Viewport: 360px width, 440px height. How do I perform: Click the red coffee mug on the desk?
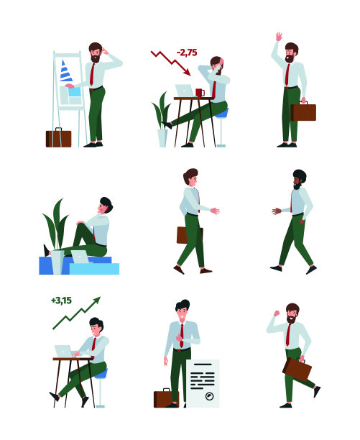[x=200, y=93]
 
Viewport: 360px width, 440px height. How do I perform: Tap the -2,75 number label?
[x=187, y=52]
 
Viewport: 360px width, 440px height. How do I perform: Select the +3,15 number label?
[x=61, y=301]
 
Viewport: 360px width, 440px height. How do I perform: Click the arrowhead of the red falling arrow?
[x=188, y=73]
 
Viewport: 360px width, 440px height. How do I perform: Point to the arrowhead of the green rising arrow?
[x=97, y=301]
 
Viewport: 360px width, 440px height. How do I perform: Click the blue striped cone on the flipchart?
[x=65, y=71]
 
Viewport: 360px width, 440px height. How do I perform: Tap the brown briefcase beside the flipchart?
[x=59, y=137]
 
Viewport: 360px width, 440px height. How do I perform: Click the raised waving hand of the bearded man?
[x=279, y=37]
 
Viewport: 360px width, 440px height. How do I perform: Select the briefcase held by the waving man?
[x=303, y=111]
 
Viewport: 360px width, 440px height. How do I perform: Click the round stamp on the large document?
[x=209, y=396]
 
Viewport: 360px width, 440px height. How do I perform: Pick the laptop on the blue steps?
[x=80, y=257]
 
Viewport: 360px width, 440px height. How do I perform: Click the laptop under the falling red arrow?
[x=185, y=91]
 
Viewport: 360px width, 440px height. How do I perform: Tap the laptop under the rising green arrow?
[x=64, y=351]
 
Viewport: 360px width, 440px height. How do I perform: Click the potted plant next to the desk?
[x=162, y=119]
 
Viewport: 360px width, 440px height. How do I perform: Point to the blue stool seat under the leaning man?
[x=222, y=113]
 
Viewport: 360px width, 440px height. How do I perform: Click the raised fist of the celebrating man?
[x=277, y=313]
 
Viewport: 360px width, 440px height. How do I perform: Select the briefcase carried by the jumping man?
[x=297, y=370]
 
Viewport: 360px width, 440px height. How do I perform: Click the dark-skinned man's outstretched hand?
[x=276, y=211]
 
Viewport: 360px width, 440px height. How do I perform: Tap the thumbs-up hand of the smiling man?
[x=179, y=337]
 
